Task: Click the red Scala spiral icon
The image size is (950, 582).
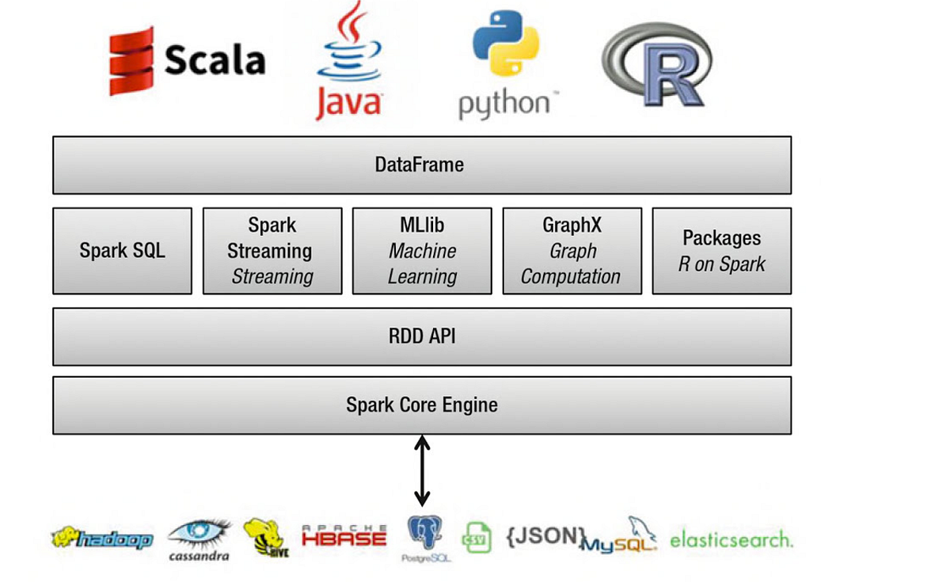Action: click(131, 61)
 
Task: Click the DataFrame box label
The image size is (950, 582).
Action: click(420, 165)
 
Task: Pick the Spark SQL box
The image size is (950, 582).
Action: click(122, 251)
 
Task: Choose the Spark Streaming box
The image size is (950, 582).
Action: click(272, 251)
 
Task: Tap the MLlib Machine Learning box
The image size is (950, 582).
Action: click(422, 251)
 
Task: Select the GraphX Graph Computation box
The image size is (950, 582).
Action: click(572, 251)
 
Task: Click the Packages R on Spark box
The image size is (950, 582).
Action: click(721, 251)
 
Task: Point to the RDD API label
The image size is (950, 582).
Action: click(422, 337)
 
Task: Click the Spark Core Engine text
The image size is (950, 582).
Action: click(422, 405)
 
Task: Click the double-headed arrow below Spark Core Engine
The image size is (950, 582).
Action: click(422, 470)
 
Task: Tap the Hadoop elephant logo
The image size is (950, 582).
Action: click(102, 538)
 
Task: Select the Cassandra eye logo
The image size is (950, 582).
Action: click(199, 535)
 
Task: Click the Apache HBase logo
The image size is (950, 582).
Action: click(344, 536)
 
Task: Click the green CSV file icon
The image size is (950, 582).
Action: click(477, 538)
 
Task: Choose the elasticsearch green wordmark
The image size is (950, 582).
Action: click(730, 540)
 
